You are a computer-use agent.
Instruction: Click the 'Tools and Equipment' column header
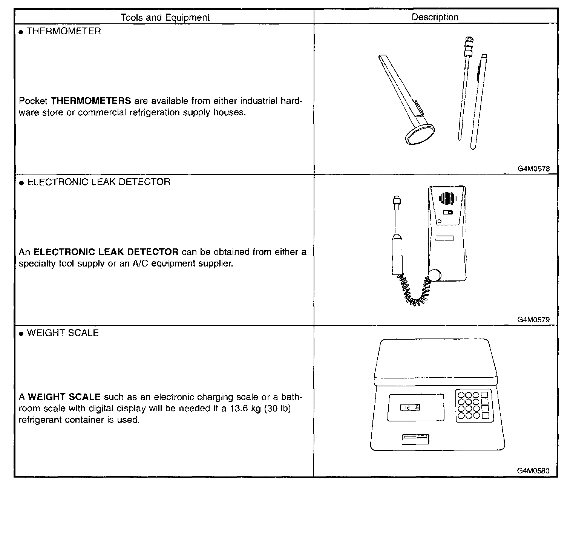(165, 17)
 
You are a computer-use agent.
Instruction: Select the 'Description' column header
(435, 17)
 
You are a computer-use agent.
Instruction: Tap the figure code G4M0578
(533, 169)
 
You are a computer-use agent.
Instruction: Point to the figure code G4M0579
(533, 320)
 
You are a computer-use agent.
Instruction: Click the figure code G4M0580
(533, 470)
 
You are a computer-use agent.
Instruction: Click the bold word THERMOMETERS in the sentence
(91, 101)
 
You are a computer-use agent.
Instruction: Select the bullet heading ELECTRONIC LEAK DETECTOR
(99, 182)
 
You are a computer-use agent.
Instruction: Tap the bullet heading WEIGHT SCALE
(63, 333)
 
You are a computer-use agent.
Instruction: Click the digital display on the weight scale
(410, 407)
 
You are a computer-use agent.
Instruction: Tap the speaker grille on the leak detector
(447, 198)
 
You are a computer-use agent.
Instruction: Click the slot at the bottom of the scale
(415, 439)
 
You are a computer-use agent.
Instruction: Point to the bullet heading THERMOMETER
(64, 31)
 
